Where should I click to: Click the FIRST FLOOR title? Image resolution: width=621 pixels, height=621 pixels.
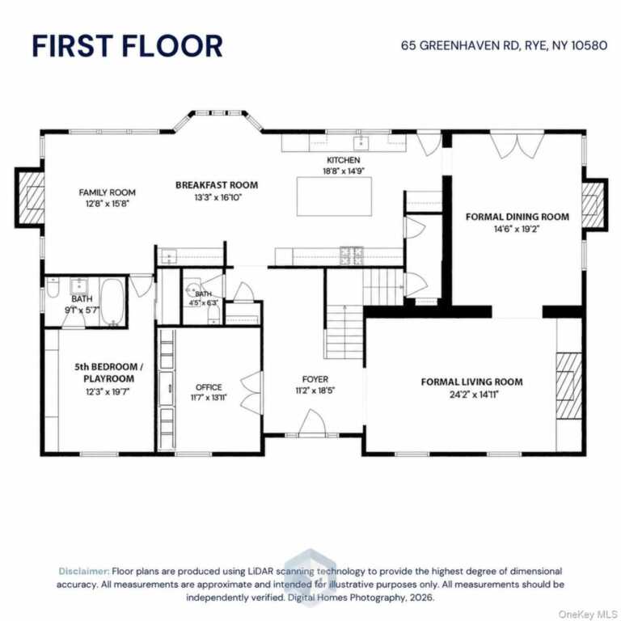(127, 46)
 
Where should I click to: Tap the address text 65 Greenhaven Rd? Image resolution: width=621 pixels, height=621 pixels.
(460, 45)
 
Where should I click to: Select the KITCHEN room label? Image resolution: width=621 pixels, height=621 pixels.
(344, 160)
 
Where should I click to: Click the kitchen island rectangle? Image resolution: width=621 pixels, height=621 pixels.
(334, 196)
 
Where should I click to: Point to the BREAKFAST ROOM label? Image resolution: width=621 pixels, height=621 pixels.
(217, 185)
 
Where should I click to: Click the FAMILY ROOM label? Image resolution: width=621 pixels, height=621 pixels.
(107, 192)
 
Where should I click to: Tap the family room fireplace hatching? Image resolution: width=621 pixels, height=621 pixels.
(32, 197)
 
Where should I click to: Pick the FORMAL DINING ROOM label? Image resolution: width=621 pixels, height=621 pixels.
(517, 217)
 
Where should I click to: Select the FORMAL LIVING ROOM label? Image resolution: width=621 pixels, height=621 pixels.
(471, 382)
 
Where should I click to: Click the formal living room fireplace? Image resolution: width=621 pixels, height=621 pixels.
(569, 386)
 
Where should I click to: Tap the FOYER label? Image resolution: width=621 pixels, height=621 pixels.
(315, 379)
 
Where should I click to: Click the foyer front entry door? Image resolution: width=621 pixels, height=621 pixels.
(312, 423)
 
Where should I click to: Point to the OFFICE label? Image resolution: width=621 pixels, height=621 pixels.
(209, 387)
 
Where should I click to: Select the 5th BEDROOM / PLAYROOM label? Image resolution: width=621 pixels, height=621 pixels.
(108, 373)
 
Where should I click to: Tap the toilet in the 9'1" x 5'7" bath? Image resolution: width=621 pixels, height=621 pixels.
(53, 287)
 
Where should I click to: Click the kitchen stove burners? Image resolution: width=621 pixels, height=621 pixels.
(351, 256)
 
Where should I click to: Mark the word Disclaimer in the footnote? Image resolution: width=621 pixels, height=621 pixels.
(83, 571)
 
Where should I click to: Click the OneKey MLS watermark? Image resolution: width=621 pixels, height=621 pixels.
(588, 615)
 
